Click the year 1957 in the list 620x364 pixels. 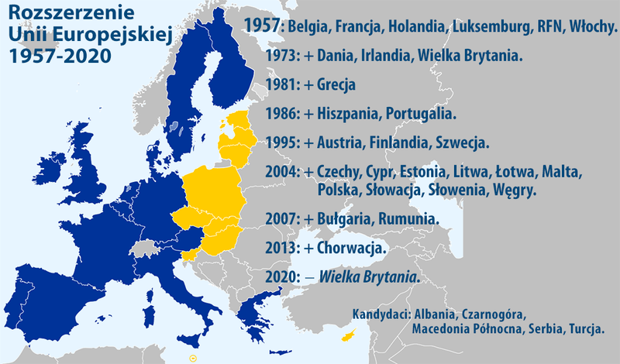(263, 26)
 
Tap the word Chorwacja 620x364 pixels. (352, 248)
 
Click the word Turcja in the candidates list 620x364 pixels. (585, 329)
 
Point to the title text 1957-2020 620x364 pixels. (57, 57)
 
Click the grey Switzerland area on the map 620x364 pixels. (145, 247)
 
